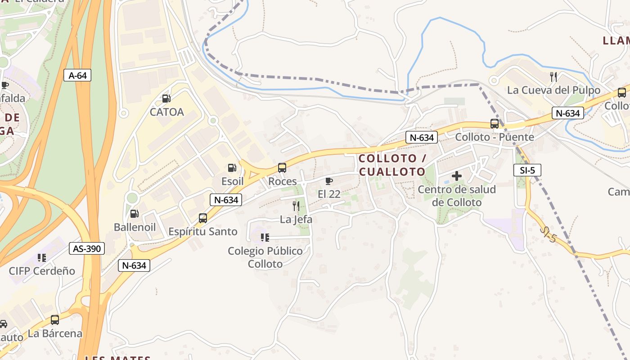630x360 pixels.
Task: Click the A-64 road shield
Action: pos(77,75)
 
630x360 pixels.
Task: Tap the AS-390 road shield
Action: pos(87,248)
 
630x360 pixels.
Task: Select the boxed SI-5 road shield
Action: pos(527,170)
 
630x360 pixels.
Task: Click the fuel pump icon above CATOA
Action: pos(166,99)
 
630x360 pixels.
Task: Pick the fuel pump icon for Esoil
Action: pos(232,168)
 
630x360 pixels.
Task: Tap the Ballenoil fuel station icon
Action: pos(134,214)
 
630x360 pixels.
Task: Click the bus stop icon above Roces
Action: pos(282,168)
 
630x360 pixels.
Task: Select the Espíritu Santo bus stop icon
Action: pos(203,218)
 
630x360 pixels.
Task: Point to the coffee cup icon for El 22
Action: pos(329,181)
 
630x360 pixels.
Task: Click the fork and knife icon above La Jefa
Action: pos(296,206)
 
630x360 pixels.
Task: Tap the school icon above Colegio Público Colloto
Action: pos(265,237)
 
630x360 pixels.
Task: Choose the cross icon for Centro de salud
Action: pos(457,176)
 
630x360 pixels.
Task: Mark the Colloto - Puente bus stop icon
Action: pos(495,124)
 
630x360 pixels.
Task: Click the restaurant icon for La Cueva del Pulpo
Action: pos(553,77)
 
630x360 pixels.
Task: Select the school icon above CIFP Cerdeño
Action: pos(42,258)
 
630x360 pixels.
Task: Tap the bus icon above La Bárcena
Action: pos(55,320)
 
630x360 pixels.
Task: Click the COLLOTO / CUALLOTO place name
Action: pos(392,165)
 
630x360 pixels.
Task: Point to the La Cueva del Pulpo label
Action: pos(553,90)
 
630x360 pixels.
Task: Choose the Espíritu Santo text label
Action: pos(202,231)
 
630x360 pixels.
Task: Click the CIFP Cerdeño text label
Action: pos(42,271)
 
